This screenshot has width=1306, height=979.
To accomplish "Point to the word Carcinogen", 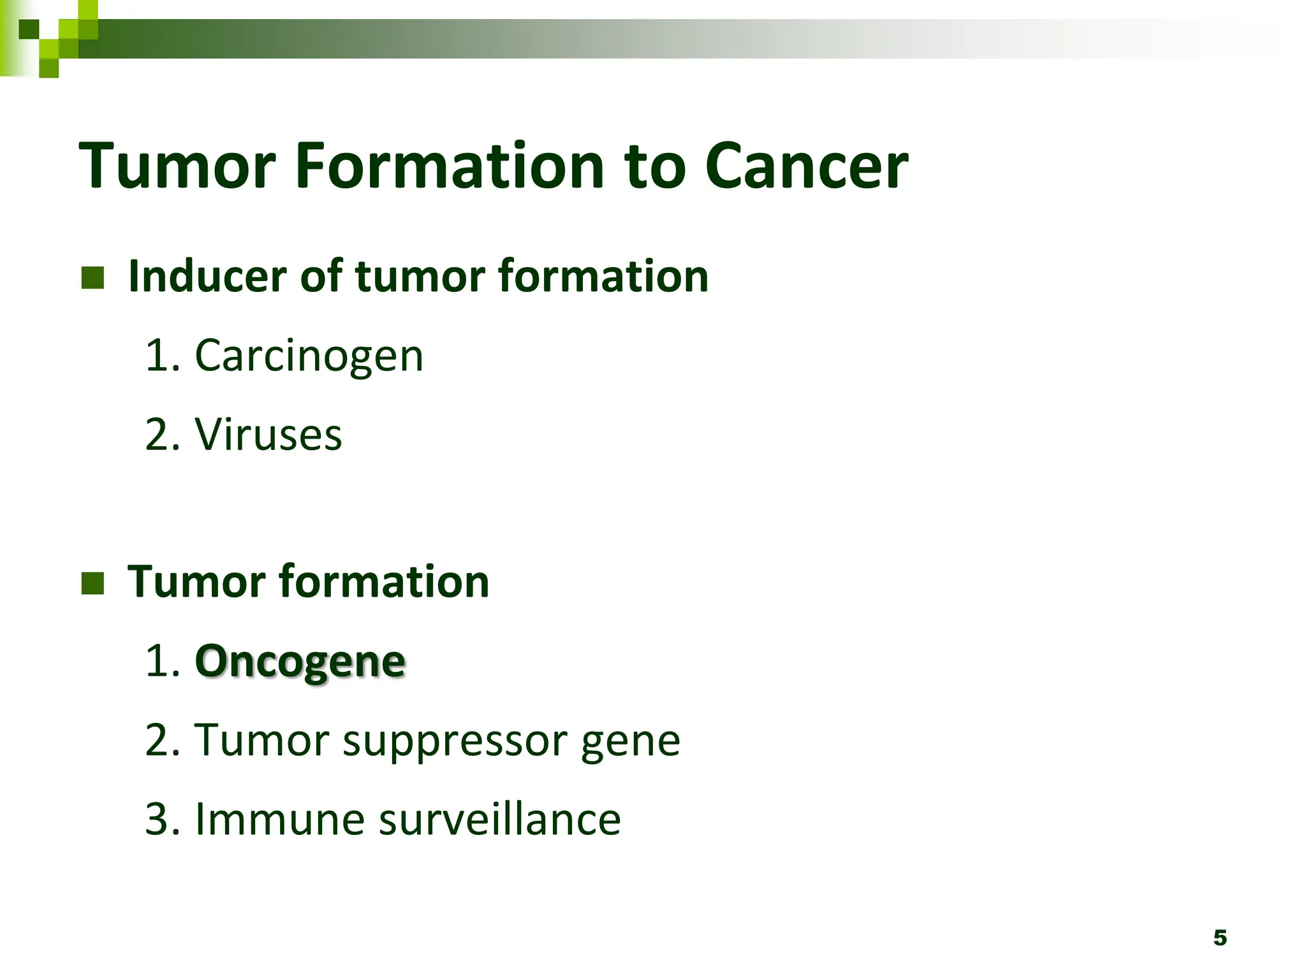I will click(x=309, y=357).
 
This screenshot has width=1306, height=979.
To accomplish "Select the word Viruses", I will click(x=268, y=435).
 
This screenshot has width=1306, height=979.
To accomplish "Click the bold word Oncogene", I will click(x=300, y=662).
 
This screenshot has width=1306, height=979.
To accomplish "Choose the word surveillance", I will click(x=499, y=820).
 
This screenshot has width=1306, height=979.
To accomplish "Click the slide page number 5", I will click(x=1219, y=938).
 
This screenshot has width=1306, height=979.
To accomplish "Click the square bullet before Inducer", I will click(x=93, y=278).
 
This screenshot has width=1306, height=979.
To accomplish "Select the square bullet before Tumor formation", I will click(x=93, y=583).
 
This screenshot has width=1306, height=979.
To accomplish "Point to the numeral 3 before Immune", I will click(x=157, y=820).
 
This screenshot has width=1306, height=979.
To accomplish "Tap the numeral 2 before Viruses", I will click(x=157, y=435).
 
